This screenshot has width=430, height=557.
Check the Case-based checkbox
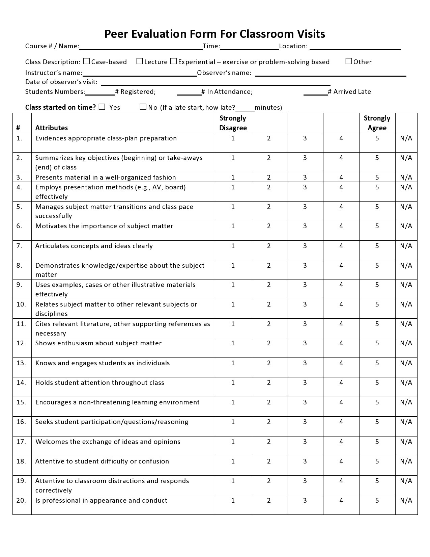pyautogui.click(x=86, y=61)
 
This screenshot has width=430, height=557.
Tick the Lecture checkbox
pyautogui.click(x=140, y=61)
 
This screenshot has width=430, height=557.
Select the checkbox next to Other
pyautogui.click(x=349, y=61)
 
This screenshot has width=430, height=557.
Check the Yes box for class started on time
pyautogui.click(x=103, y=107)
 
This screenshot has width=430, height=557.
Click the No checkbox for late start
pyautogui.click(x=143, y=107)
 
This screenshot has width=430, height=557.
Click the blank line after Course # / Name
pyautogui.click(x=141, y=47)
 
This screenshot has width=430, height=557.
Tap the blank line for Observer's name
pyautogui.click(x=331, y=73)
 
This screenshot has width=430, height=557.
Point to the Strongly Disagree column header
pyautogui.click(x=233, y=123)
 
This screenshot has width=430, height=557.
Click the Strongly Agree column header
pyautogui.click(x=377, y=123)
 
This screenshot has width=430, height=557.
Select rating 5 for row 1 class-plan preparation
pyautogui.click(x=377, y=138)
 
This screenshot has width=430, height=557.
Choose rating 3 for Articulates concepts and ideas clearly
pyautogui.click(x=305, y=246)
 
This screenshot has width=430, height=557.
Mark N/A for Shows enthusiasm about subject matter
pyautogui.click(x=406, y=343)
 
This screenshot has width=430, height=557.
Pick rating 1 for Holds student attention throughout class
pyautogui.click(x=233, y=382)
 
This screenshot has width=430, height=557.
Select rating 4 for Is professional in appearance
pyautogui.click(x=341, y=500)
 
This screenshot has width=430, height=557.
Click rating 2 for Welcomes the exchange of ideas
pyautogui.click(x=269, y=442)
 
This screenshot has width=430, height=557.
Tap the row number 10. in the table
pyautogui.click(x=21, y=304)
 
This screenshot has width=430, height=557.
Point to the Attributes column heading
pyautogui.click(x=51, y=128)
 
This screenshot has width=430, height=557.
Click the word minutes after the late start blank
pyautogui.click(x=268, y=107)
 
